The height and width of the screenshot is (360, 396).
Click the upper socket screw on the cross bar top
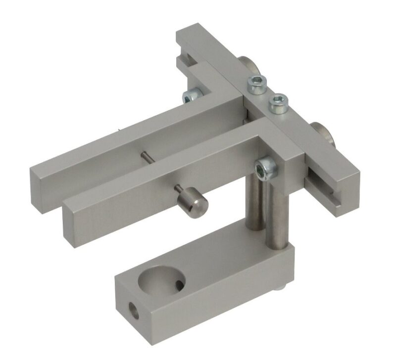pos(256,85)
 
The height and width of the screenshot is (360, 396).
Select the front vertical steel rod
pos(275,218)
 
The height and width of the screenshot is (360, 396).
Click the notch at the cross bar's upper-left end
pos(188,59)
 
